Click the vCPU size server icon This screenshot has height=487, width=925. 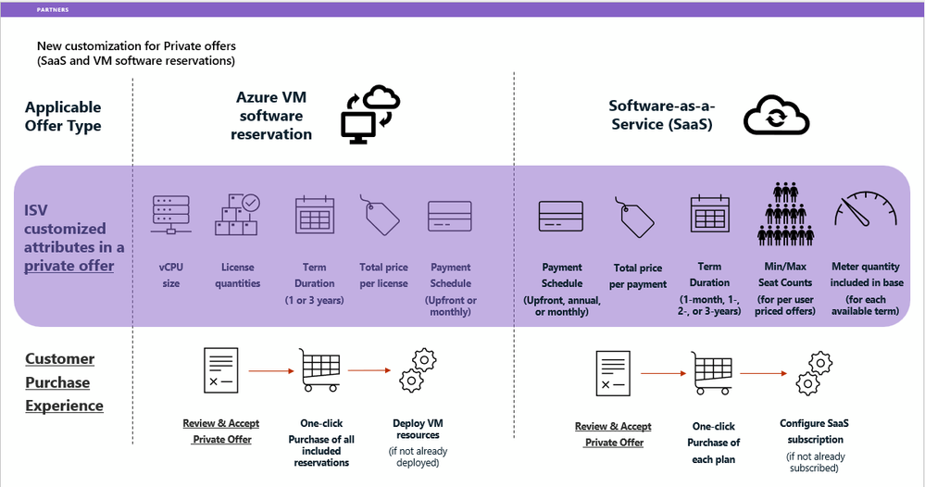pos(170,215)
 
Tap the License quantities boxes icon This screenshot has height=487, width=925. pos(237,215)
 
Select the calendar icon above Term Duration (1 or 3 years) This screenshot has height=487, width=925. pos(313,215)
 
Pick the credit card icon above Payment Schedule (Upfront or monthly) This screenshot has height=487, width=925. pos(450,216)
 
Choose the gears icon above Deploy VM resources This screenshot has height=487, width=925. pos(417,370)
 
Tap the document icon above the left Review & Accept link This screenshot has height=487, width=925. pos(221,370)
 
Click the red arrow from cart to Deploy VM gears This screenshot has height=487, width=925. pos(369,371)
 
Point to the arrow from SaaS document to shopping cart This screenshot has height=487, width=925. pos(660,374)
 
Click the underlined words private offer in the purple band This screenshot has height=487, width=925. pos(69,266)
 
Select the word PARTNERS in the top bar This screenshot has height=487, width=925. pos(52,10)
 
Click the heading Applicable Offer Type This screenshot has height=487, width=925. pos(63,117)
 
